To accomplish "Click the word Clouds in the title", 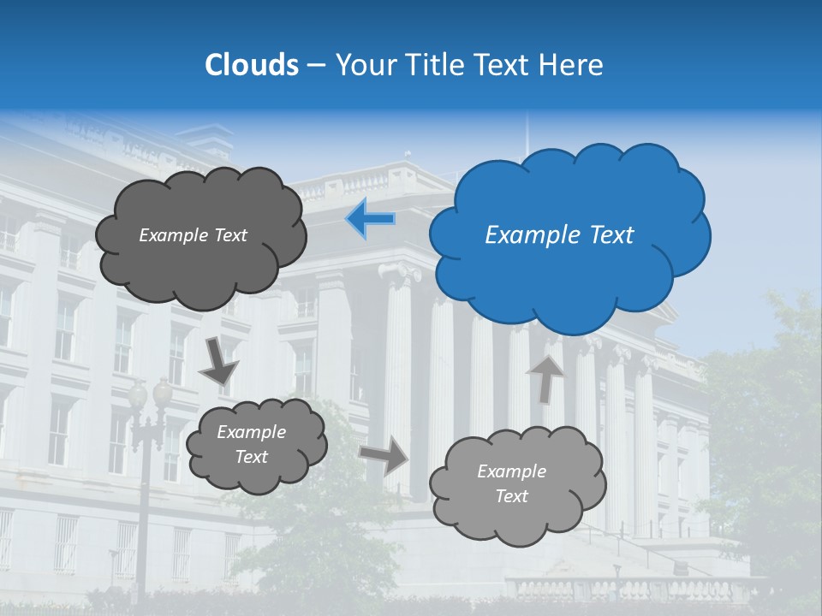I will coord(251,65).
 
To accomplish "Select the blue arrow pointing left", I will coord(370,219).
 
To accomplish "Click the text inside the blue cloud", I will coord(559,235).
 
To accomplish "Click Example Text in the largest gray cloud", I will coord(193,235).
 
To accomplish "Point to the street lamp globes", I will coord(150,394).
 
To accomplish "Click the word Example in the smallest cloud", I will coord(251,432).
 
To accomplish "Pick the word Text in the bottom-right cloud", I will coord(511,496).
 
